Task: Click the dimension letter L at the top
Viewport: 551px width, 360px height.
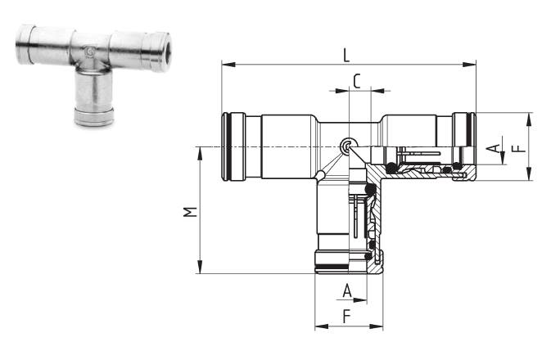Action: tap(346, 56)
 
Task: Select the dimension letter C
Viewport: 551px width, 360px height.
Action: tap(357, 81)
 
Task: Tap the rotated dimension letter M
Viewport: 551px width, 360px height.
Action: tap(190, 212)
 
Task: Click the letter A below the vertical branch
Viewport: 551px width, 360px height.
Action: tap(347, 290)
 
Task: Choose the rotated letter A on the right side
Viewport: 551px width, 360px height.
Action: tap(495, 148)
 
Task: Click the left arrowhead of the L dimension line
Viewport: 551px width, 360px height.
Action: tap(228, 65)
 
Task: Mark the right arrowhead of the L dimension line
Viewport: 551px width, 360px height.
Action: tap(469, 65)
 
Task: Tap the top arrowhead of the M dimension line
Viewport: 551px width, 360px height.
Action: tap(201, 154)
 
